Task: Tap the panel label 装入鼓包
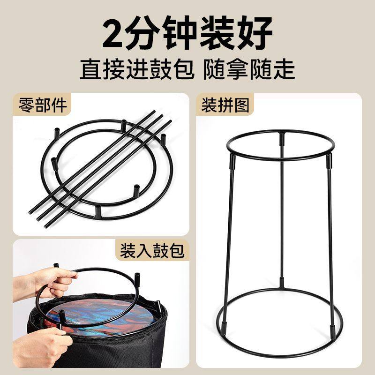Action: [x=152, y=251]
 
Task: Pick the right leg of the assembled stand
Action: [x=331, y=234]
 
